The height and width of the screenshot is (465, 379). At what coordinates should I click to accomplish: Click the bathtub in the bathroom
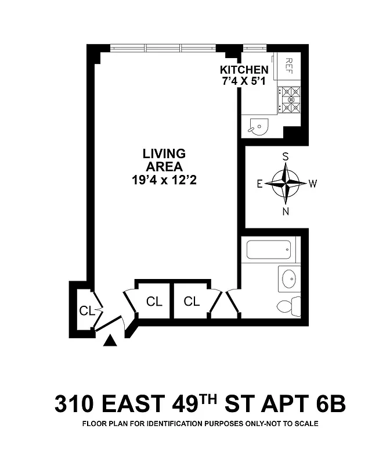tap(270, 249)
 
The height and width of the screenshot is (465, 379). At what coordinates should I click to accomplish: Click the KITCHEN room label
tap(244, 70)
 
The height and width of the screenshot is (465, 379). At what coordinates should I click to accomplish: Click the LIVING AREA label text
tap(164, 160)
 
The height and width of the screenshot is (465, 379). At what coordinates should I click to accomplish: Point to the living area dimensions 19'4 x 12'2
tap(164, 180)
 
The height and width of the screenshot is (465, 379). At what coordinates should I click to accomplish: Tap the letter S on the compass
tap(286, 156)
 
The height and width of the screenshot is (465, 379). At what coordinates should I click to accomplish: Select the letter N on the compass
tap(286, 212)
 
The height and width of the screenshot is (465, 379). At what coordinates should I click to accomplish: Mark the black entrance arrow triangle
tap(109, 341)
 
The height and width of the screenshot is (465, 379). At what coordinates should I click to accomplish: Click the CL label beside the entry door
tap(86, 311)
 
